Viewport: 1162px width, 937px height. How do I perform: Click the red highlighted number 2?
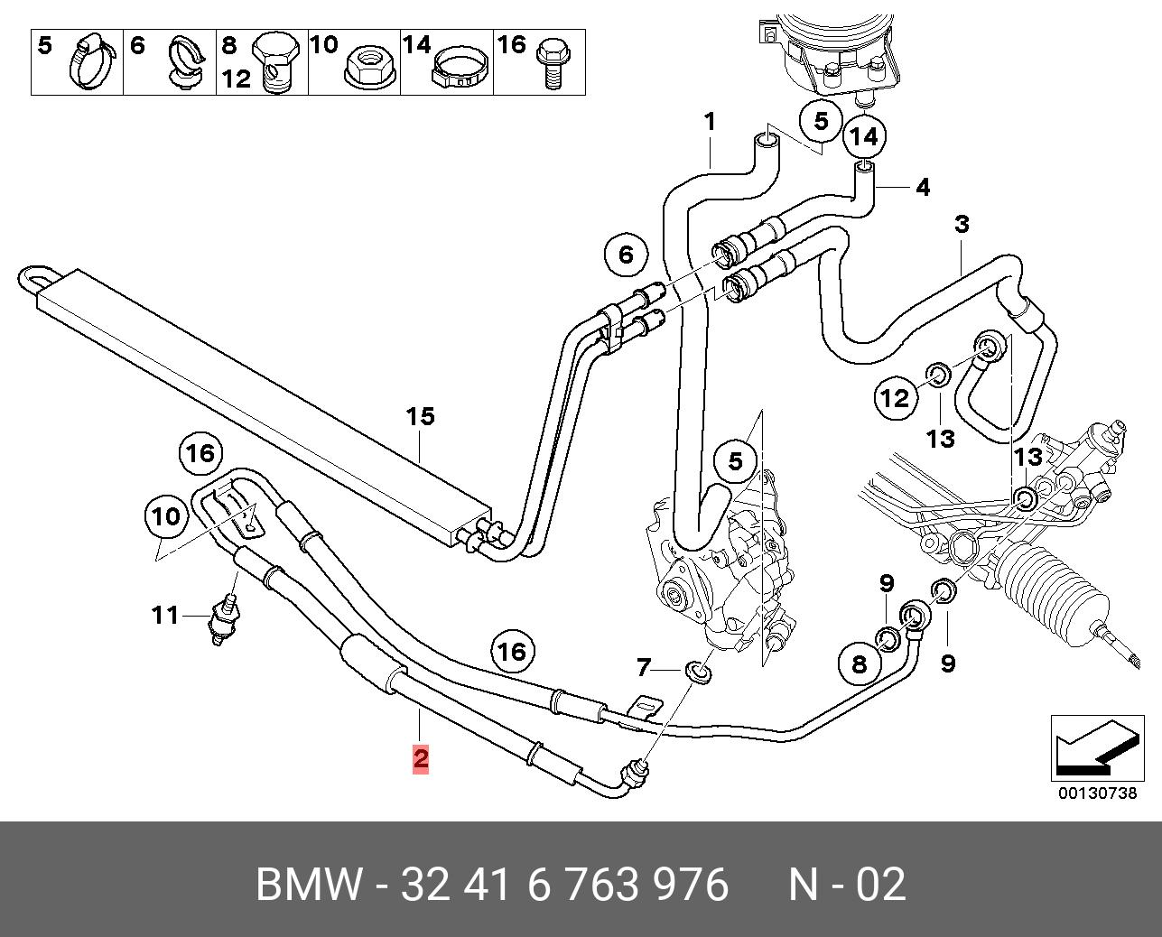(x=420, y=758)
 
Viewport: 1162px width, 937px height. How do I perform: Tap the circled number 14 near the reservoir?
(x=863, y=136)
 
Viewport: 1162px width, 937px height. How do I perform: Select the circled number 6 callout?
(x=626, y=255)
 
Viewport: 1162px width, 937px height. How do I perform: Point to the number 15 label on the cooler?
(x=420, y=416)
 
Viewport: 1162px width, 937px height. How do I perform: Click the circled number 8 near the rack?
(x=859, y=664)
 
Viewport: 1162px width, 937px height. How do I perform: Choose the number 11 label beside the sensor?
(x=165, y=616)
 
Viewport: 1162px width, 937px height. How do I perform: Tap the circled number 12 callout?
(x=895, y=397)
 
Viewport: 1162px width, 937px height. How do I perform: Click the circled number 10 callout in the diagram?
(x=166, y=517)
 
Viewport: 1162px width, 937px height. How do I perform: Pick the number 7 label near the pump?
(x=643, y=667)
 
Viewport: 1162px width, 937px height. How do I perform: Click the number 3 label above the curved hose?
(x=962, y=224)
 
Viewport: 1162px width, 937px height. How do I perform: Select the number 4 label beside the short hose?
(x=922, y=188)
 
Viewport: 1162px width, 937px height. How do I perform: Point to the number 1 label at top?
(x=710, y=121)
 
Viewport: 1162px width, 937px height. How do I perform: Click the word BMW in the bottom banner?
(x=308, y=885)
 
